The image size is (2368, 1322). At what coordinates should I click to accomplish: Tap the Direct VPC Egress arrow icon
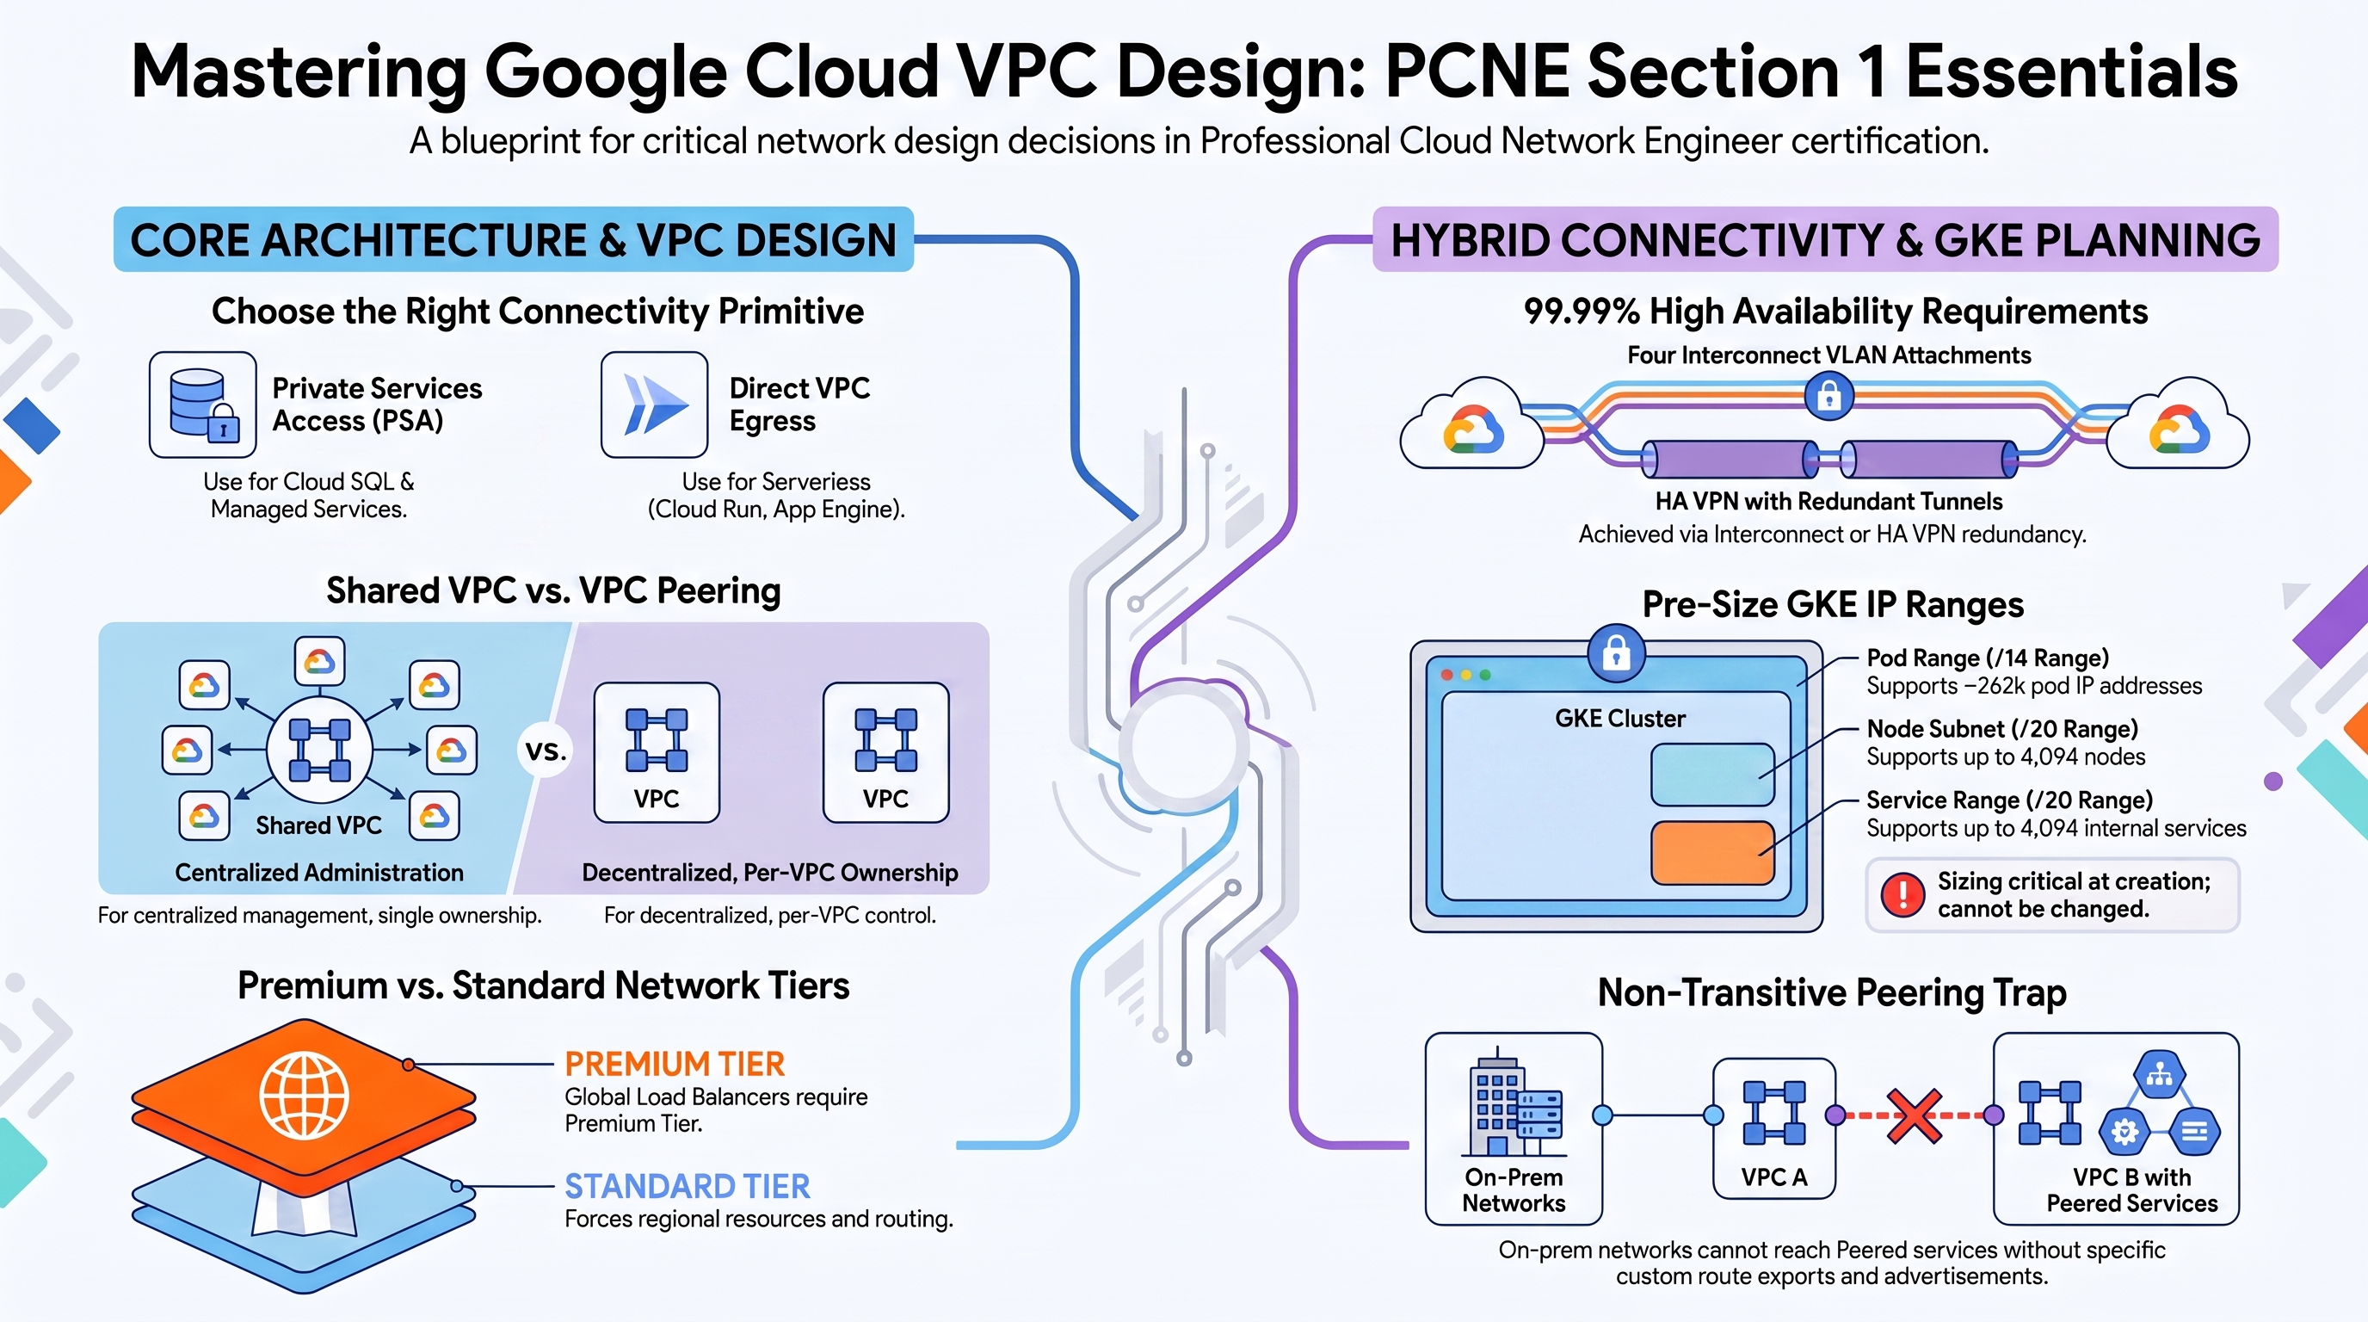click(655, 405)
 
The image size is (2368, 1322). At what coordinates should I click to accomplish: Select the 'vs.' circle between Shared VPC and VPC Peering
click(546, 751)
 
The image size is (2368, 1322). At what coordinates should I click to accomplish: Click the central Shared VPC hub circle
click(319, 751)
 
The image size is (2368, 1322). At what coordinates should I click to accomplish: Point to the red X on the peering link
click(1914, 1116)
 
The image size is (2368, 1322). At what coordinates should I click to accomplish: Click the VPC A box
click(1774, 1129)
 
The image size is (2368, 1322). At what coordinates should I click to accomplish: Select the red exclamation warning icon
click(1902, 894)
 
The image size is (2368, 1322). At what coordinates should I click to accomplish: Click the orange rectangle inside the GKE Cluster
click(1712, 853)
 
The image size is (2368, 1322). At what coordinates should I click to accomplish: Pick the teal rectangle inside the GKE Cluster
click(1712, 775)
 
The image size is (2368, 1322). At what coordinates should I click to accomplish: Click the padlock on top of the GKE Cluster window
click(1617, 653)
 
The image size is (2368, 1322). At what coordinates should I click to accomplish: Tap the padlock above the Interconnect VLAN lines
click(1829, 396)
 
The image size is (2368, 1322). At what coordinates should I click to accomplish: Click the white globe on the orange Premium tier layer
click(305, 1095)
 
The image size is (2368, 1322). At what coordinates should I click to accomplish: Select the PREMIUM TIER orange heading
click(675, 1064)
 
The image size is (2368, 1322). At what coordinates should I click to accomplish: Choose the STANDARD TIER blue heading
click(688, 1186)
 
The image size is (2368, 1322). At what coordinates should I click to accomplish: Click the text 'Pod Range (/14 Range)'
click(1988, 658)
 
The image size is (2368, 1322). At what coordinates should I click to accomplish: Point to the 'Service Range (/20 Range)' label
click(2009, 800)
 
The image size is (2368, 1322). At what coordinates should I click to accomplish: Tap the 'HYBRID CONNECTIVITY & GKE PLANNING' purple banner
click(1826, 239)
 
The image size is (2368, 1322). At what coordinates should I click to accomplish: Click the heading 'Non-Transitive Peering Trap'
click(1832, 993)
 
